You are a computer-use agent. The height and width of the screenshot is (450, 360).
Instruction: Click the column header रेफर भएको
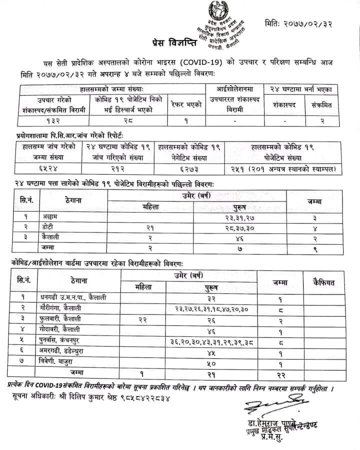pyautogui.click(x=187, y=104)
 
